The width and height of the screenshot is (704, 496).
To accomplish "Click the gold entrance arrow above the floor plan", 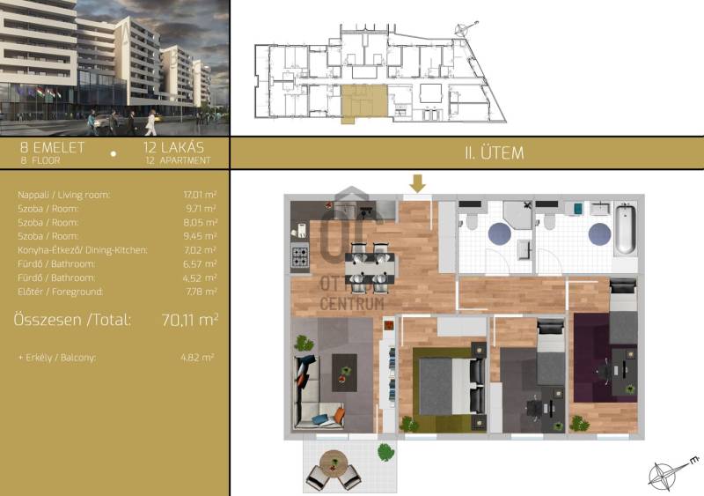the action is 417,183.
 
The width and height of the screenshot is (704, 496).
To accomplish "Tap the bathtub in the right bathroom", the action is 625,229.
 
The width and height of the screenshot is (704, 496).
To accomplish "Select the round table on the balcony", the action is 334,462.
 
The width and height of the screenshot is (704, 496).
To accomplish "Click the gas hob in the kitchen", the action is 300,256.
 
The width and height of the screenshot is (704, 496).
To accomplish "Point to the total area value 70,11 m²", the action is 189,320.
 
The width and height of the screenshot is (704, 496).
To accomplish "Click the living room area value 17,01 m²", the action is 200,195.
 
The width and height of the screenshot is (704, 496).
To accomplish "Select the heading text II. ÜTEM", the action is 495,153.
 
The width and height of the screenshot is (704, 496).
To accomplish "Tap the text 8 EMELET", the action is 52,147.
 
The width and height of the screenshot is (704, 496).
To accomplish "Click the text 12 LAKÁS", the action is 173,147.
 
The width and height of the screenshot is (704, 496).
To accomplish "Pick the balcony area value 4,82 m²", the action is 197,358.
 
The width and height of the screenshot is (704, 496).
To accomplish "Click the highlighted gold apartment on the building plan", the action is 364,102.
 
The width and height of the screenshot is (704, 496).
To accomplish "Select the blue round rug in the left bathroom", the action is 499,234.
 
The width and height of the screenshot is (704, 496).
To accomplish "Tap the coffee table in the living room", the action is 344,373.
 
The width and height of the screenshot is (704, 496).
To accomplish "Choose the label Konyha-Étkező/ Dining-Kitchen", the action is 83,250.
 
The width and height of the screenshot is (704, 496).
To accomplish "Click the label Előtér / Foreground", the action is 60,292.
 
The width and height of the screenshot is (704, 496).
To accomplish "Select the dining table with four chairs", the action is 370,269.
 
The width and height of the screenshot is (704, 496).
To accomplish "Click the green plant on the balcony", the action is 385,452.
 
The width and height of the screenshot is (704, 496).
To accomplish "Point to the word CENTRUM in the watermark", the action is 351,304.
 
